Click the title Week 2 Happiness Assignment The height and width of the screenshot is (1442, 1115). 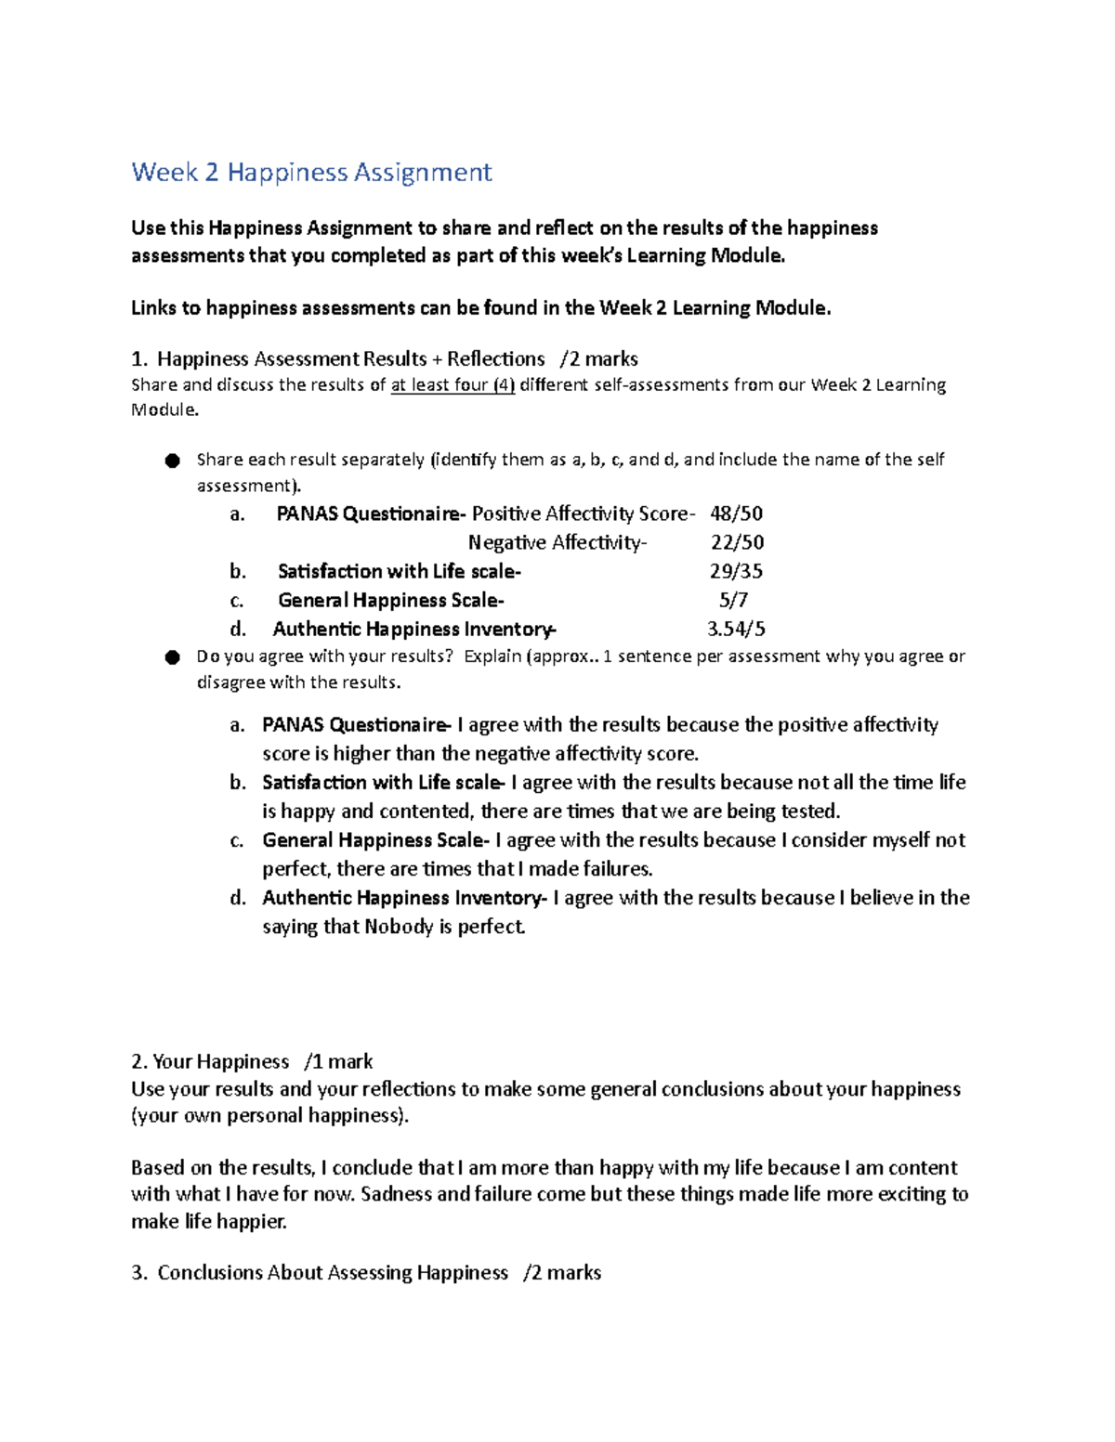click(x=311, y=173)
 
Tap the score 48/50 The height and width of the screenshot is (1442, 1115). click(x=736, y=513)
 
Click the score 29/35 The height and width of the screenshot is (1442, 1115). click(x=736, y=571)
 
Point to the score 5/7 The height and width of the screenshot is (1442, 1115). click(x=733, y=600)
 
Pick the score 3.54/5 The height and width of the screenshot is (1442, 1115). click(x=736, y=630)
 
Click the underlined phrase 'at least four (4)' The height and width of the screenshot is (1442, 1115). click(x=453, y=385)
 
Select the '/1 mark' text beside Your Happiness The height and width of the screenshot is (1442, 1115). click(x=338, y=1061)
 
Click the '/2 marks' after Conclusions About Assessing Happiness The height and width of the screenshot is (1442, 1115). click(x=561, y=1273)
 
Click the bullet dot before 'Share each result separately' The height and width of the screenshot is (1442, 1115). click(x=172, y=461)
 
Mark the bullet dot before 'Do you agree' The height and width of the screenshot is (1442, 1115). click(x=172, y=657)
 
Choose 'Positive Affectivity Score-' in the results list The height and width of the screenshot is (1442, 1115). click(x=583, y=513)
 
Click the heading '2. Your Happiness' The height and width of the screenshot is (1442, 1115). click(x=210, y=1061)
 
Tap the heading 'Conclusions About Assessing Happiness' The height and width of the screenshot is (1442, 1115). click(x=333, y=1273)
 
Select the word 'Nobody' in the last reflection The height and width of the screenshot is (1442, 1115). click(x=399, y=927)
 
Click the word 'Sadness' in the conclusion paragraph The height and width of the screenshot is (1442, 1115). click(x=396, y=1194)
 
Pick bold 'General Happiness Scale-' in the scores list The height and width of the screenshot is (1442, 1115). click(x=391, y=600)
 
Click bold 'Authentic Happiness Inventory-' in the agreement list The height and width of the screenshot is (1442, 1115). click(x=404, y=898)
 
